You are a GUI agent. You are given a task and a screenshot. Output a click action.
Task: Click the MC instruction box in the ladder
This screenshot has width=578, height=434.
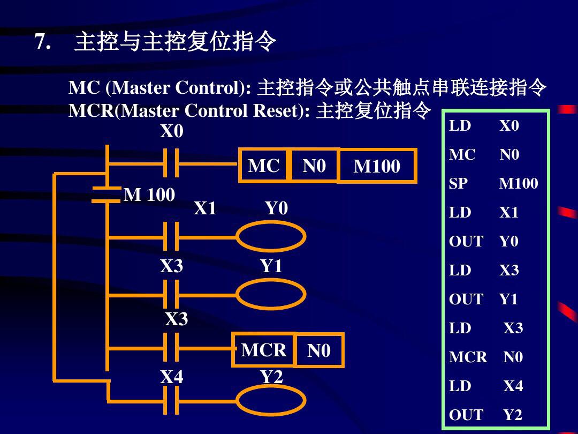264,166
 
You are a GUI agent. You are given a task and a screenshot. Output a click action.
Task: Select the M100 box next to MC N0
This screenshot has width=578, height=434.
377,167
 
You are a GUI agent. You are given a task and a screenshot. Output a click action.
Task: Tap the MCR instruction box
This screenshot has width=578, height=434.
263,350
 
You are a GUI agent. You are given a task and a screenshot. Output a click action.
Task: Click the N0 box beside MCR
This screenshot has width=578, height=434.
319,351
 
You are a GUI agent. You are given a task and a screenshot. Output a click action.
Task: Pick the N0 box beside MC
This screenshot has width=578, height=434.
314,166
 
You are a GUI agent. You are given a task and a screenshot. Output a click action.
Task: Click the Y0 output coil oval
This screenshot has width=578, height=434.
271,236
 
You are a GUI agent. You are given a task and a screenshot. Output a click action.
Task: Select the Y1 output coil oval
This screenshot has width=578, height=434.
271,294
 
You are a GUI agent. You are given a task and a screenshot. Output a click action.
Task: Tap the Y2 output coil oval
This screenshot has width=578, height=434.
271,400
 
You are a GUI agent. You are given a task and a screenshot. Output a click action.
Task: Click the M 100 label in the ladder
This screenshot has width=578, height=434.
149,194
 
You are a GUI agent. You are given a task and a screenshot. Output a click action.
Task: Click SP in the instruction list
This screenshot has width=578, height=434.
458,184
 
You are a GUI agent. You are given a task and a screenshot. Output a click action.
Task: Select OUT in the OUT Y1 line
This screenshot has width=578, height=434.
466,299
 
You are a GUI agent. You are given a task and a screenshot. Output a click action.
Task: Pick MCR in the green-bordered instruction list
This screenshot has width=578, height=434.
468,357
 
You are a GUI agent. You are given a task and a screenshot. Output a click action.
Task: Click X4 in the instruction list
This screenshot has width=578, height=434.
513,386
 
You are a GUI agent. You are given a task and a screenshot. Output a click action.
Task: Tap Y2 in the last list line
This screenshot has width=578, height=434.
512,415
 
